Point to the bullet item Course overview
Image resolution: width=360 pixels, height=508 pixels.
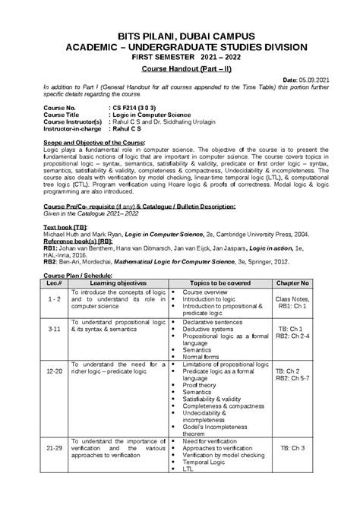click(x=204, y=291)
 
